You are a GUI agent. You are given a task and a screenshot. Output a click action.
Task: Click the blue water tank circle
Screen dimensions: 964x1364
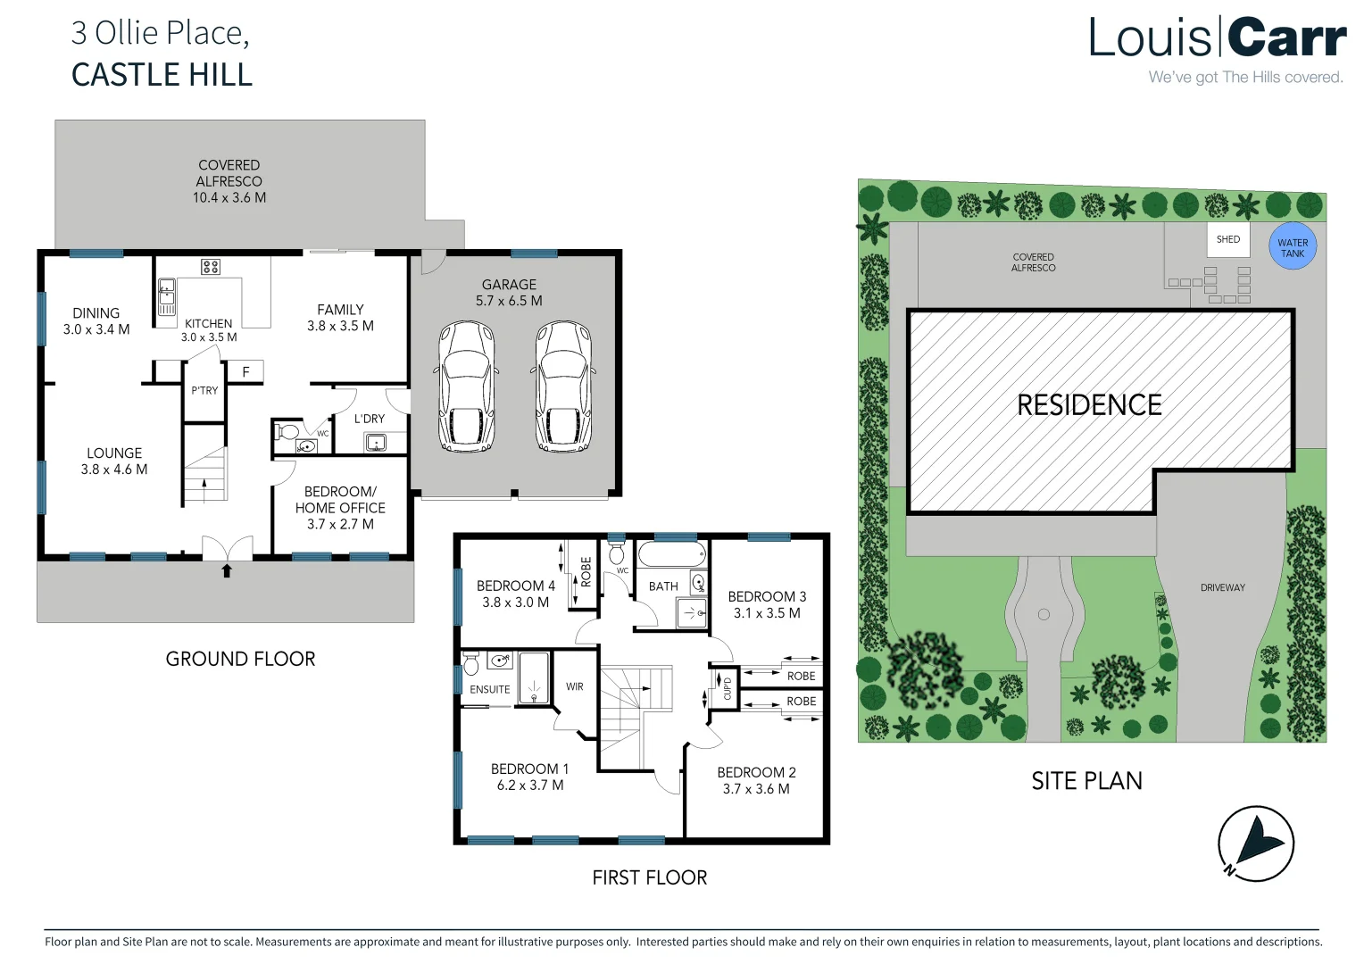[x=1292, y=246]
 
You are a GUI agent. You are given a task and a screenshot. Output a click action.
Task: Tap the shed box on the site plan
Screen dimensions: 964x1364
[x=1228, y=240]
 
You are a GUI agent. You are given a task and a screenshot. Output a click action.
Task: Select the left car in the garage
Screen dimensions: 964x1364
[x=466, y=387]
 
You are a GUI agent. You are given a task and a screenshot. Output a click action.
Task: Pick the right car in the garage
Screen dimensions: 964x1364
[x=563, y=387]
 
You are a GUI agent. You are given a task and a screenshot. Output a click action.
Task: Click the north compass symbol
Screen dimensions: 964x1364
[x=1255, y=843]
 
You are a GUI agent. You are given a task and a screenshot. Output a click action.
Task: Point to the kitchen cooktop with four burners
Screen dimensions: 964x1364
[x=211, y=266]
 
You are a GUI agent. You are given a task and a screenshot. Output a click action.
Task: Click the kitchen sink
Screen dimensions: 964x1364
[x=166, y=296]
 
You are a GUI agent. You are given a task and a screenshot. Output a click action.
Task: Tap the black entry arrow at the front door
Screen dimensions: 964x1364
[x=227, y=570]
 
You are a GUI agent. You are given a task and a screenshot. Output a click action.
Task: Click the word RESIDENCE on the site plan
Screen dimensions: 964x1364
[x=1089, y=405]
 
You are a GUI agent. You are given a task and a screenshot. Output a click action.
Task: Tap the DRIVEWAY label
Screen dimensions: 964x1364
[x=1222, y=587]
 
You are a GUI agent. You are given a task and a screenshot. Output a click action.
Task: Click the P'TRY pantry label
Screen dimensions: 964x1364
[x=204, y=390]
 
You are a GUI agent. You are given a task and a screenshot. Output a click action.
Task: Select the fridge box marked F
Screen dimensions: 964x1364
[x=245, y=371]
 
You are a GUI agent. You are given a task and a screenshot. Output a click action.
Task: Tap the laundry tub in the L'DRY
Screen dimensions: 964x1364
[x=376, y=442]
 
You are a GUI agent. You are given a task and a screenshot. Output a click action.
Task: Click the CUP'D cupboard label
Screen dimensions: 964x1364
[x=727, y=688]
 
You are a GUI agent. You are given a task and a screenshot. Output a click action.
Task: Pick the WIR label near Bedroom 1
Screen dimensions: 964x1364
[x=575, y=686]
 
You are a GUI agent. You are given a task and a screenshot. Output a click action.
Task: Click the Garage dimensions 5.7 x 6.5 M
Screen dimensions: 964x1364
[x=509, y=301]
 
